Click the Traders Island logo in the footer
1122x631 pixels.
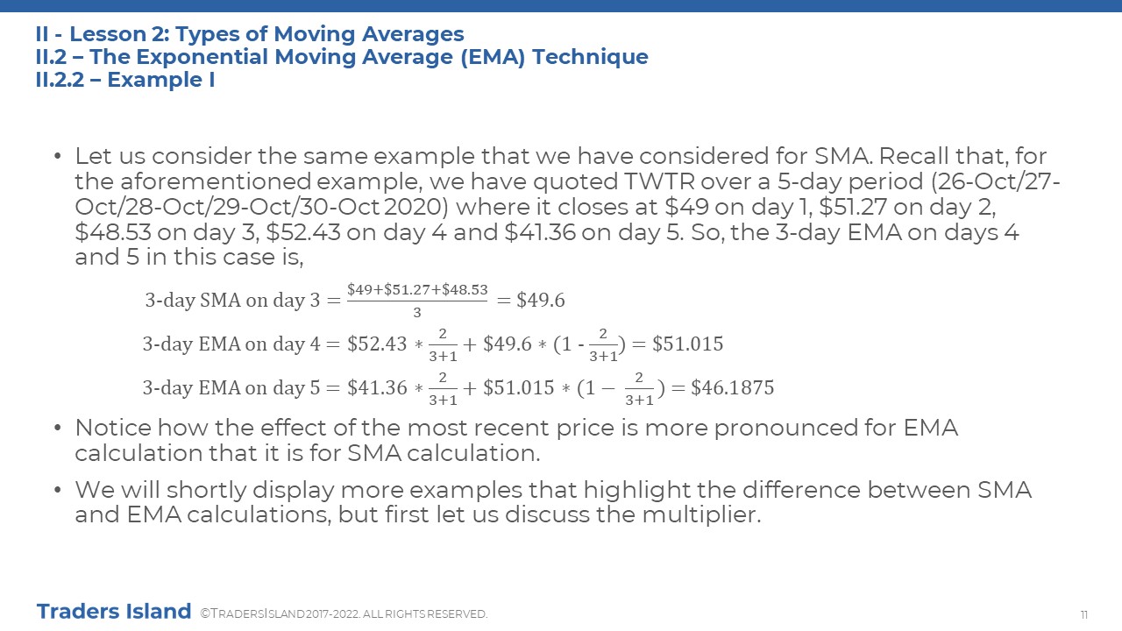(114, 612)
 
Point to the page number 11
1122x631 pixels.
(1084, 614)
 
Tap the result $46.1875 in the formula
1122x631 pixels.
(732, 387)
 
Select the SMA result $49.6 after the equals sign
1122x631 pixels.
(541, 300)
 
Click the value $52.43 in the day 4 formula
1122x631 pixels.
(377, 344)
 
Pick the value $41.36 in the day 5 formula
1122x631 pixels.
(377, 387)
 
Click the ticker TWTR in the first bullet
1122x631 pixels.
(660, 181)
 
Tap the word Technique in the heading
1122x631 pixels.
(590, 57)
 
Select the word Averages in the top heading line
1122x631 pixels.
(413, 34)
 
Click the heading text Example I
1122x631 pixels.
(160, 80)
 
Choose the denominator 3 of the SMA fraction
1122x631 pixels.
(416, 313)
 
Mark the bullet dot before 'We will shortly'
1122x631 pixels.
(58, 489)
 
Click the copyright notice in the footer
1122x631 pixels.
(344, 614)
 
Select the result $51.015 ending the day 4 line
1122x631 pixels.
(688, 344)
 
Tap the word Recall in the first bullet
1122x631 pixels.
(914, 156)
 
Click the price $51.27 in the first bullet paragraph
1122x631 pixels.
(853, 207)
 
